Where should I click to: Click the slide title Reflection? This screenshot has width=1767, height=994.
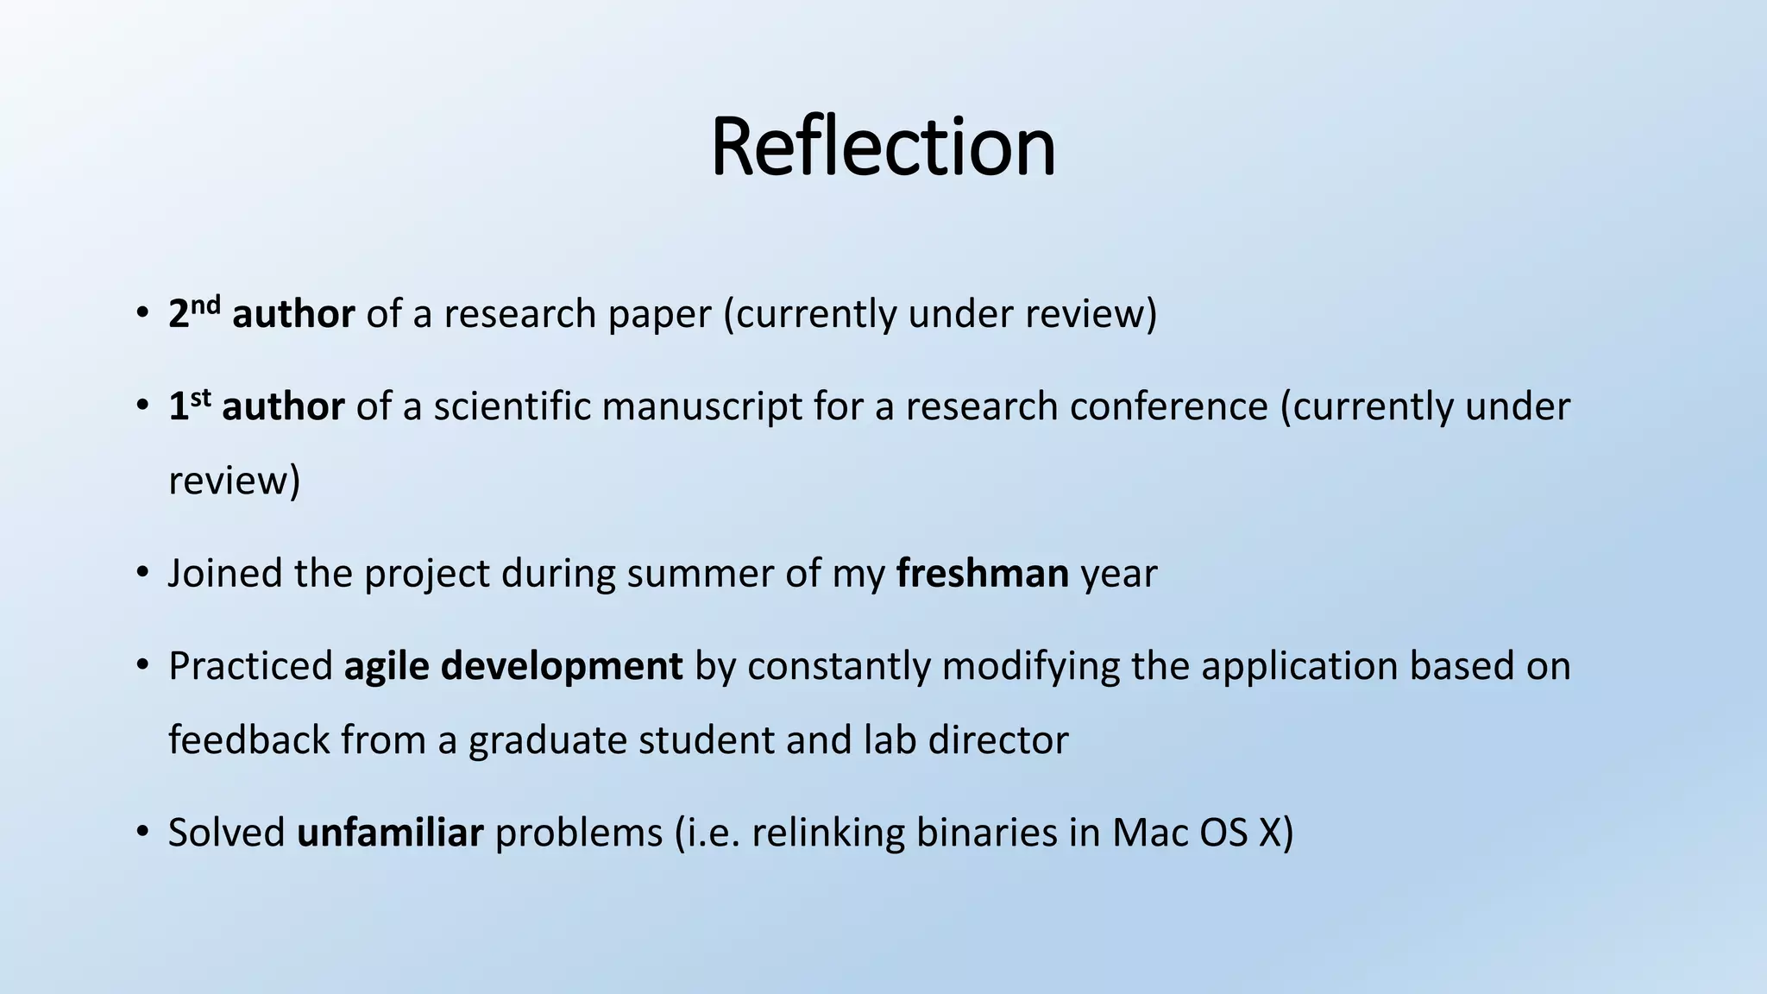pos(883,147)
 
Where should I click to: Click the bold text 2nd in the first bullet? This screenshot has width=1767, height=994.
pos(194,312)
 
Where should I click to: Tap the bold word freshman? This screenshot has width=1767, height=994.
pos(983,573)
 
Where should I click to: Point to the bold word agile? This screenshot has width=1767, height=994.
pos(387,666)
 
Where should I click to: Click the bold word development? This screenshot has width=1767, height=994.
pos(562,666)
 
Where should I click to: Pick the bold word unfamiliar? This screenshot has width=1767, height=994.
pos(390,833)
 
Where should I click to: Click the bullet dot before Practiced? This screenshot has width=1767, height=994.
pos(143,666)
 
